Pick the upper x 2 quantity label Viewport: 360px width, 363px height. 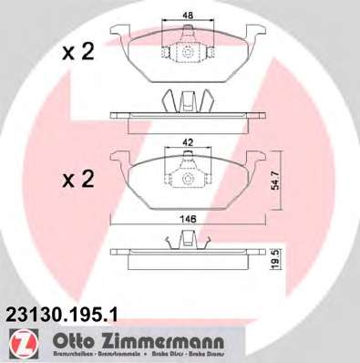click(x=77, y=53)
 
